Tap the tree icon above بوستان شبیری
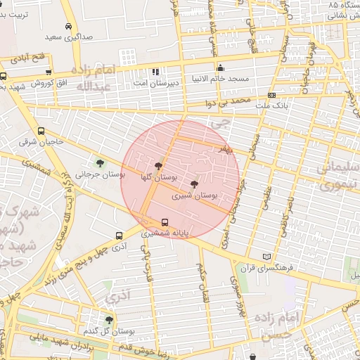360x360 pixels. (x=194, y=184)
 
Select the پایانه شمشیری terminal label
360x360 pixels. (x=165, y=232)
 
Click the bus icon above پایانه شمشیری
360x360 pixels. (x=165, y=222)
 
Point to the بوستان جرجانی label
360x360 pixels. (x=100, y=173)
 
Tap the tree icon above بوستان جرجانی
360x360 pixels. (x=100, y=163)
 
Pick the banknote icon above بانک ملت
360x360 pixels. (x=272, y=96)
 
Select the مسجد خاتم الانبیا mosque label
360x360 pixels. (x=221, y=78)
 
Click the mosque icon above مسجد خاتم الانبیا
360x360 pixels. (x=221, y=68)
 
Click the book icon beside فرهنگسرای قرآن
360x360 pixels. (x=265, y=257)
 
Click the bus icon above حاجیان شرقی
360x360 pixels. (x=41, y=131)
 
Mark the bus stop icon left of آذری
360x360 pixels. (x=118, y=237)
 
